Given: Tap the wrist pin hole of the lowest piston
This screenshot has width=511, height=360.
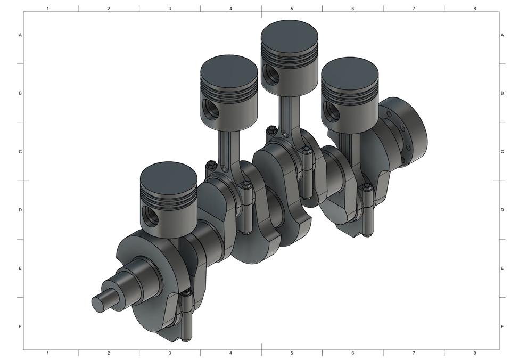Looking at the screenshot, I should coord(152,217).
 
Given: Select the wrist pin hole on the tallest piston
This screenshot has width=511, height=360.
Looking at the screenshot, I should coord(272,75).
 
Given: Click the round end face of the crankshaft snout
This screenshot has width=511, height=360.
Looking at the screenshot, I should coord(98,304).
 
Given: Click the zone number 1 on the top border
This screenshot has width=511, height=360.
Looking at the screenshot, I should coord(48,9).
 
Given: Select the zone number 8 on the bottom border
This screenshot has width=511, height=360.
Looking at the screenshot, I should coord(475,353).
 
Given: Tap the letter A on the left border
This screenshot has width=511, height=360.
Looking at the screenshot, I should coord(20,35).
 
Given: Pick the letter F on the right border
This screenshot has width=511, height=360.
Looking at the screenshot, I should coord(502,326).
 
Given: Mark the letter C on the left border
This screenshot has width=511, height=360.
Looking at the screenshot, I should coord(20,152).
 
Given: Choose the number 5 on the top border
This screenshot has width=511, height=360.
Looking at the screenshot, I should coord(292,9).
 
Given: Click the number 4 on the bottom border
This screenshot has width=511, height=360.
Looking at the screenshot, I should coord(230,353).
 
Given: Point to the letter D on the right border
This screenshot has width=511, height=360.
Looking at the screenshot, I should coord(502,210).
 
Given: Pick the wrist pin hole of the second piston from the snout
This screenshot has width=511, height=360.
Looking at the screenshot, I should coord(211,110).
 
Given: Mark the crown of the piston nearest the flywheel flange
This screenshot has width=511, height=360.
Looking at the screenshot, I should coord(350,69).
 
